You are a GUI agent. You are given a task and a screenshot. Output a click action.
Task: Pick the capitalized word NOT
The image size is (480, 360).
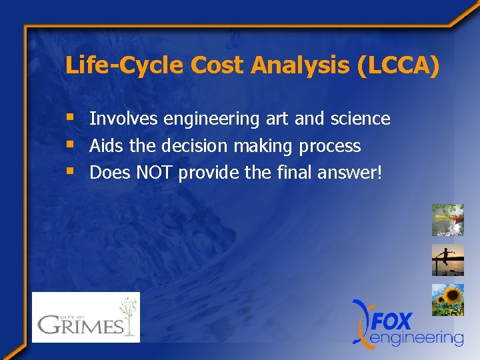tap(154, 173)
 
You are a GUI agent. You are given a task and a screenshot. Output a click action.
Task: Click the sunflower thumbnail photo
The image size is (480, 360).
tap(447, 300)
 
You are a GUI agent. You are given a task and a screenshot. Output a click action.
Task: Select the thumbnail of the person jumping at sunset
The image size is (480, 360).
tap(447, 260)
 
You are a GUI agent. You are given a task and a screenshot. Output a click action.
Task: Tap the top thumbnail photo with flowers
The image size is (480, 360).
tap(447, 219)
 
